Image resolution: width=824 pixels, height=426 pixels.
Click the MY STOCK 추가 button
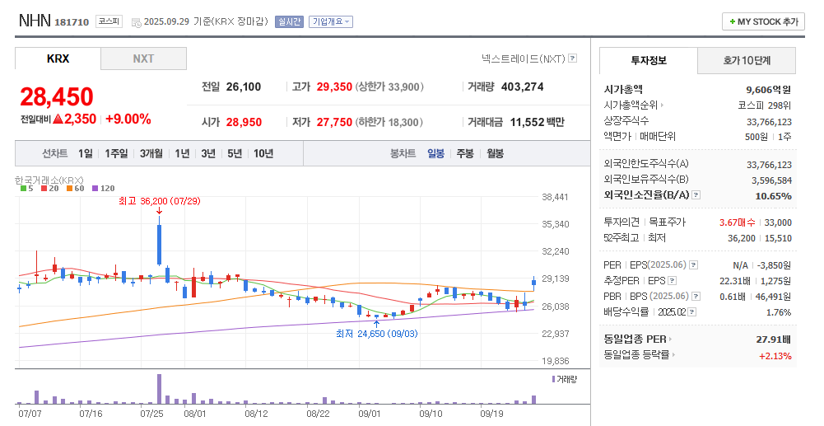point(763,22)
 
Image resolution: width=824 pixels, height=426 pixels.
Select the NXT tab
point(143,59)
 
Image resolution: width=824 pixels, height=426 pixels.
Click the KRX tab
point(58,59)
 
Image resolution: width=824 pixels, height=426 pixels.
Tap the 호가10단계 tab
point(747,60)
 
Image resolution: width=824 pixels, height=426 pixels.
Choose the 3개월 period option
point(151,153)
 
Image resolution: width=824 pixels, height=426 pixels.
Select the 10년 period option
point(263,153)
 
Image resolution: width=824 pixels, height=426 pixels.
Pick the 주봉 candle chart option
point(465,153)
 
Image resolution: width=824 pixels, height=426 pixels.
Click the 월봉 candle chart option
point(495,153)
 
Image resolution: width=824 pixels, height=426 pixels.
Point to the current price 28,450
point(57,97)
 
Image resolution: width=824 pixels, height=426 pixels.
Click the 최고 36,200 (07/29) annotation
point(159,200)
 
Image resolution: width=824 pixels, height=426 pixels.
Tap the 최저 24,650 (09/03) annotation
point(376,333)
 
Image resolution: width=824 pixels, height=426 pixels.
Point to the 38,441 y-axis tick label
point(556,197)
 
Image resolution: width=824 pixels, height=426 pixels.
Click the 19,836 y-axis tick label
point(556,361)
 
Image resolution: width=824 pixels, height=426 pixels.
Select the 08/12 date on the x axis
point(257,413)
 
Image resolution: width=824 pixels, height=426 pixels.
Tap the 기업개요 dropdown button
point(331,22)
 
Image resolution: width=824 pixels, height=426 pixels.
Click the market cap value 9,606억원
point(769,90)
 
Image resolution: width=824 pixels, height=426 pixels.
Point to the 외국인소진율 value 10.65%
point(773,196)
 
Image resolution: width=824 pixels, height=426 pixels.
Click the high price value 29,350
point(334,87)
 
